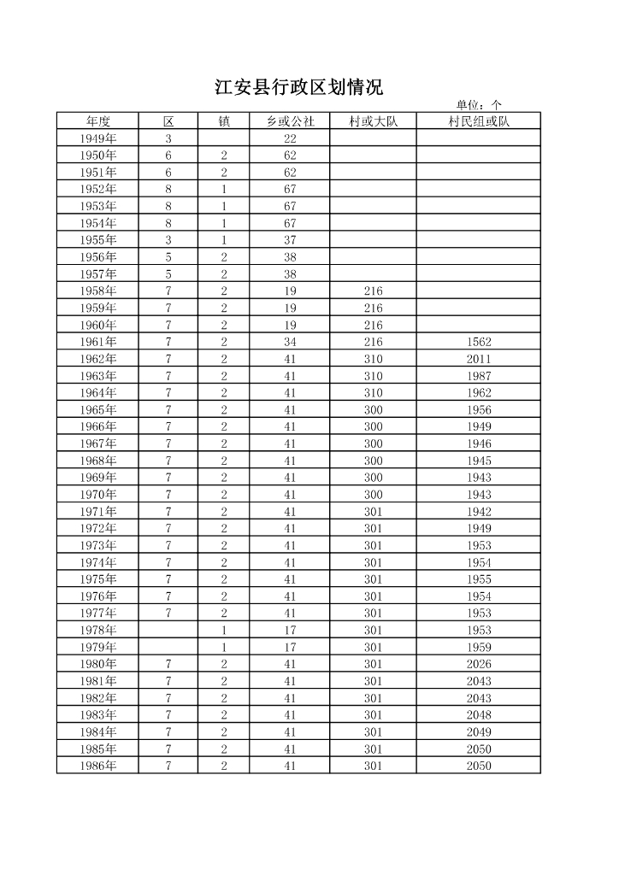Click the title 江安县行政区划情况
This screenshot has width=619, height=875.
coord(298,87)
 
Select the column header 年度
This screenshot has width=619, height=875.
coord(98,121)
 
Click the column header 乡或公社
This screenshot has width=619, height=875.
coord(290,121)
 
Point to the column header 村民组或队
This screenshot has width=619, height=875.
coord(479,121)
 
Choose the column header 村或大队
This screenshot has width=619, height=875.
coord(373,121)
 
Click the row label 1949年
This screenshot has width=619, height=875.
coord(98,138)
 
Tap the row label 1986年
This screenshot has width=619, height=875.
coord(98,766)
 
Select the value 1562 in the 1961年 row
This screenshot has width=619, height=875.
coord(479,342)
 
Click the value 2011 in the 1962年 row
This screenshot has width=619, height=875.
coord(479,359)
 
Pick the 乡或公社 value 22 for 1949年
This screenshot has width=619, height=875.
coord(290,138)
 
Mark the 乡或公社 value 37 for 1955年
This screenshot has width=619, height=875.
coord(290,240)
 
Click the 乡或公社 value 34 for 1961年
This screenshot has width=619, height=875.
coord(290,342)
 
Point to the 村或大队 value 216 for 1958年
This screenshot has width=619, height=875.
coord(373,291)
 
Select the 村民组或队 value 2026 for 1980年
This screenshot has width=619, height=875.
coord(479,664)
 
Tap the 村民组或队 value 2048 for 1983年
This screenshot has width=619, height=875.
coord(479,715)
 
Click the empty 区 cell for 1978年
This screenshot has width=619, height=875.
coord(168,631)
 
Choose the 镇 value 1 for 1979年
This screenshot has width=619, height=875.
coord(224,647)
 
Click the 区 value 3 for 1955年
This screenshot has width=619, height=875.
coord(168,240)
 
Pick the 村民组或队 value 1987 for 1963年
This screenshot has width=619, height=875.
coord(479,376)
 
